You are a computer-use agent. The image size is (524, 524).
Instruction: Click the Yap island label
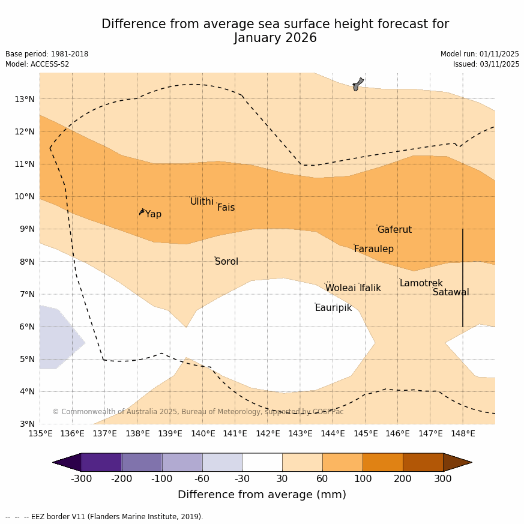(153, 214)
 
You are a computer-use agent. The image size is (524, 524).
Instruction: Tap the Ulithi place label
(202, 202)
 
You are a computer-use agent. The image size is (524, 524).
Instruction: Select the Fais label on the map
(226, 208)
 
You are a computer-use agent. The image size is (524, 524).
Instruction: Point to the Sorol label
(226, 262)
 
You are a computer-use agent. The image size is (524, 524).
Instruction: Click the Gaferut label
(394, 230)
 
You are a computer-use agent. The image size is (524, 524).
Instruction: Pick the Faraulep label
(373, 249)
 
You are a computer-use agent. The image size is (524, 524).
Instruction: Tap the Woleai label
(340, 288)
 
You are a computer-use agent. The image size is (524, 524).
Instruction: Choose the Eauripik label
(333, 308)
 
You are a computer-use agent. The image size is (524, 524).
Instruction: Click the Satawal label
(451, 292)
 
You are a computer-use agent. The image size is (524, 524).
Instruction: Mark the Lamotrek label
(421, 283)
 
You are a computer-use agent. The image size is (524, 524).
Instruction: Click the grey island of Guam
(358, 84)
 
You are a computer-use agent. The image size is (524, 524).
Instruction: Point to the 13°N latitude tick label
(24, 99)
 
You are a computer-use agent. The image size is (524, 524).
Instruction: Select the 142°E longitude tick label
(268, 433)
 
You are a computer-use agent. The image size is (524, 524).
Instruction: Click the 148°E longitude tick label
(463, 433)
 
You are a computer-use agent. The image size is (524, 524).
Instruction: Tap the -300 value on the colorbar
(81, 478)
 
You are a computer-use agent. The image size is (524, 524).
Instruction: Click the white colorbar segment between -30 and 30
(262, 462)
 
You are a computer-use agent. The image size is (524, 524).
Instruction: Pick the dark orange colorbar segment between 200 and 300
(423, 462)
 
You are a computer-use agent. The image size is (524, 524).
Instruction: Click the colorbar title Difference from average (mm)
(262, 495)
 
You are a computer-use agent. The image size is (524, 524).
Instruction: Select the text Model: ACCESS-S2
(37, 64)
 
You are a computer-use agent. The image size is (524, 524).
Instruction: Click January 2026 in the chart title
(275, 38)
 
